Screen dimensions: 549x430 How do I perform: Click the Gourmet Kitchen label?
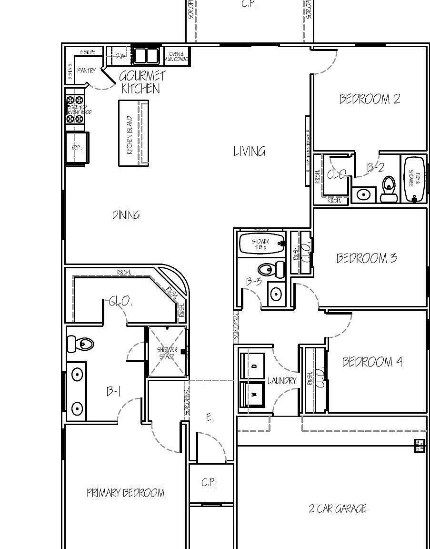141,82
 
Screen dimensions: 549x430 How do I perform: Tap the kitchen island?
133,133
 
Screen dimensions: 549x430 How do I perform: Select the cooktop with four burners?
75,110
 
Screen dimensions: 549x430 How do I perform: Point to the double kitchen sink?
145,56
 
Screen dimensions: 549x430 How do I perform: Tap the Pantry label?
86,71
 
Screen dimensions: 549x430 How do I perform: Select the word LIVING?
249,152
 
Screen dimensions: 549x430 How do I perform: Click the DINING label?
126,215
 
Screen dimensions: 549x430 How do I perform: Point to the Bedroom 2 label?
370,99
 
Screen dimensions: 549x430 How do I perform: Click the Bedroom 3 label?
366,258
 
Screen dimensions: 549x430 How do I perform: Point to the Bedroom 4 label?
372,362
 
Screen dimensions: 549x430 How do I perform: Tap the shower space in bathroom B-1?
167,353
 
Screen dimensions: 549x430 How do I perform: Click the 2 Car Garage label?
337,508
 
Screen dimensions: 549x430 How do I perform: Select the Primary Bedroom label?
125,493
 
